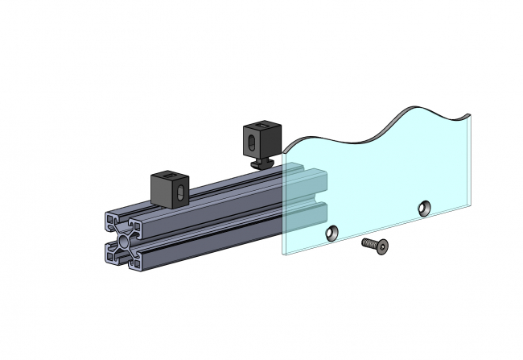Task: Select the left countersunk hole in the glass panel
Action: [330, 234]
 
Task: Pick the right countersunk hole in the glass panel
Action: [422, 209]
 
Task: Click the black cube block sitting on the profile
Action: [170, 188]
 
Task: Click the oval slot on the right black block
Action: [253, 143]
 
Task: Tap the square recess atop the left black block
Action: [168, 175]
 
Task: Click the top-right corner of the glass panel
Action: [468, 114]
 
